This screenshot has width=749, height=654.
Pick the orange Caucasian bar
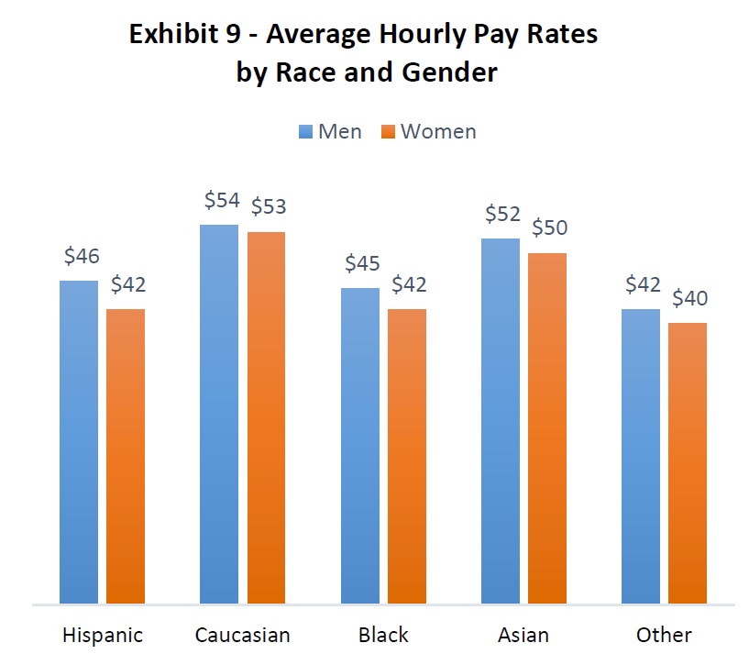[266, 418]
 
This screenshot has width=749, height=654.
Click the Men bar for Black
[360, 446]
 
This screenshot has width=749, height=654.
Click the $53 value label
[268, 206]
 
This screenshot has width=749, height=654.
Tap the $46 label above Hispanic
[82, 257]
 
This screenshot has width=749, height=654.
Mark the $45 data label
[362, 263]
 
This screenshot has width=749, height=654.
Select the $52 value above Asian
[502, 216]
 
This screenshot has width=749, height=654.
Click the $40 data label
[689, 298]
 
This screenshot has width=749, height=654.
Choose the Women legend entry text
[438, 131]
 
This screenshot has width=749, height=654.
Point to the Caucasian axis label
[242, 635]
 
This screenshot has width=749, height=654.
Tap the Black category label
[383, 635]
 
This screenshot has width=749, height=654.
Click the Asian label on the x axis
[523, 635]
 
